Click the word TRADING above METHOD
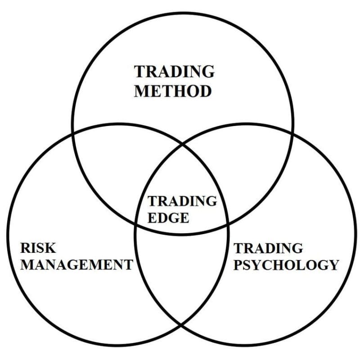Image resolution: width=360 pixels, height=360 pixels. pos(174,72)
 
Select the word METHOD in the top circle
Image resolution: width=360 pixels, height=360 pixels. pos(172,91)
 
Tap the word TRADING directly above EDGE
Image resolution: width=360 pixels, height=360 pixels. pos(182,201)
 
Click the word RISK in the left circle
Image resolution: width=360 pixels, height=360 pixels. pos(38,248)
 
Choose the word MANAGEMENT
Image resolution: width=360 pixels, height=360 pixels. pos(76,265)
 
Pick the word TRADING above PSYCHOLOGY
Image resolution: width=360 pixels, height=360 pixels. pos(268,248)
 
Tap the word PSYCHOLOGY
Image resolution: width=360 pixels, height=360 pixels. pos(286,265)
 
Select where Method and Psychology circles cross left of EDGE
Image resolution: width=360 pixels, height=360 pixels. pos(136,224)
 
